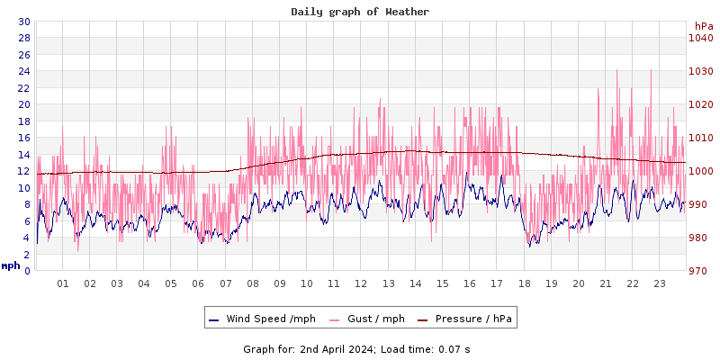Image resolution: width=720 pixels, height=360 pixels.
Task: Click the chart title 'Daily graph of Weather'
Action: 360,12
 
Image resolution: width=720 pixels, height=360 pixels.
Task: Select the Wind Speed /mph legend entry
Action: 262,319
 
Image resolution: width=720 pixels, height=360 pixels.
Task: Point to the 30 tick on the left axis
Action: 24,22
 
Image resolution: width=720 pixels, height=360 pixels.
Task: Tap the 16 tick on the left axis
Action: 24,138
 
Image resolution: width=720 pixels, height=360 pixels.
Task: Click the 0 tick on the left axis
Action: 27,271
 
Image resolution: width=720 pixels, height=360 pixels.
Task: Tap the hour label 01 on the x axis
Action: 63,283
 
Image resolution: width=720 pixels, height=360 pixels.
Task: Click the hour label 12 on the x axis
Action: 361,283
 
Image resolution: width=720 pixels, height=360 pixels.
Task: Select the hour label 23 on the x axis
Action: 660,283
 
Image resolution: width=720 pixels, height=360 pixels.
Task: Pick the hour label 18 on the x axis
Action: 524,283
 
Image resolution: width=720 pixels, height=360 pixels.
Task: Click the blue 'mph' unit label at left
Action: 11,265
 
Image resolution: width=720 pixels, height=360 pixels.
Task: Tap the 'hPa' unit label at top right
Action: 703,26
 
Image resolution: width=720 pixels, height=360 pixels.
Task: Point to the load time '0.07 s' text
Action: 454,348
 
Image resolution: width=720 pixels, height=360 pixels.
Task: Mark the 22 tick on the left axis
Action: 24,88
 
